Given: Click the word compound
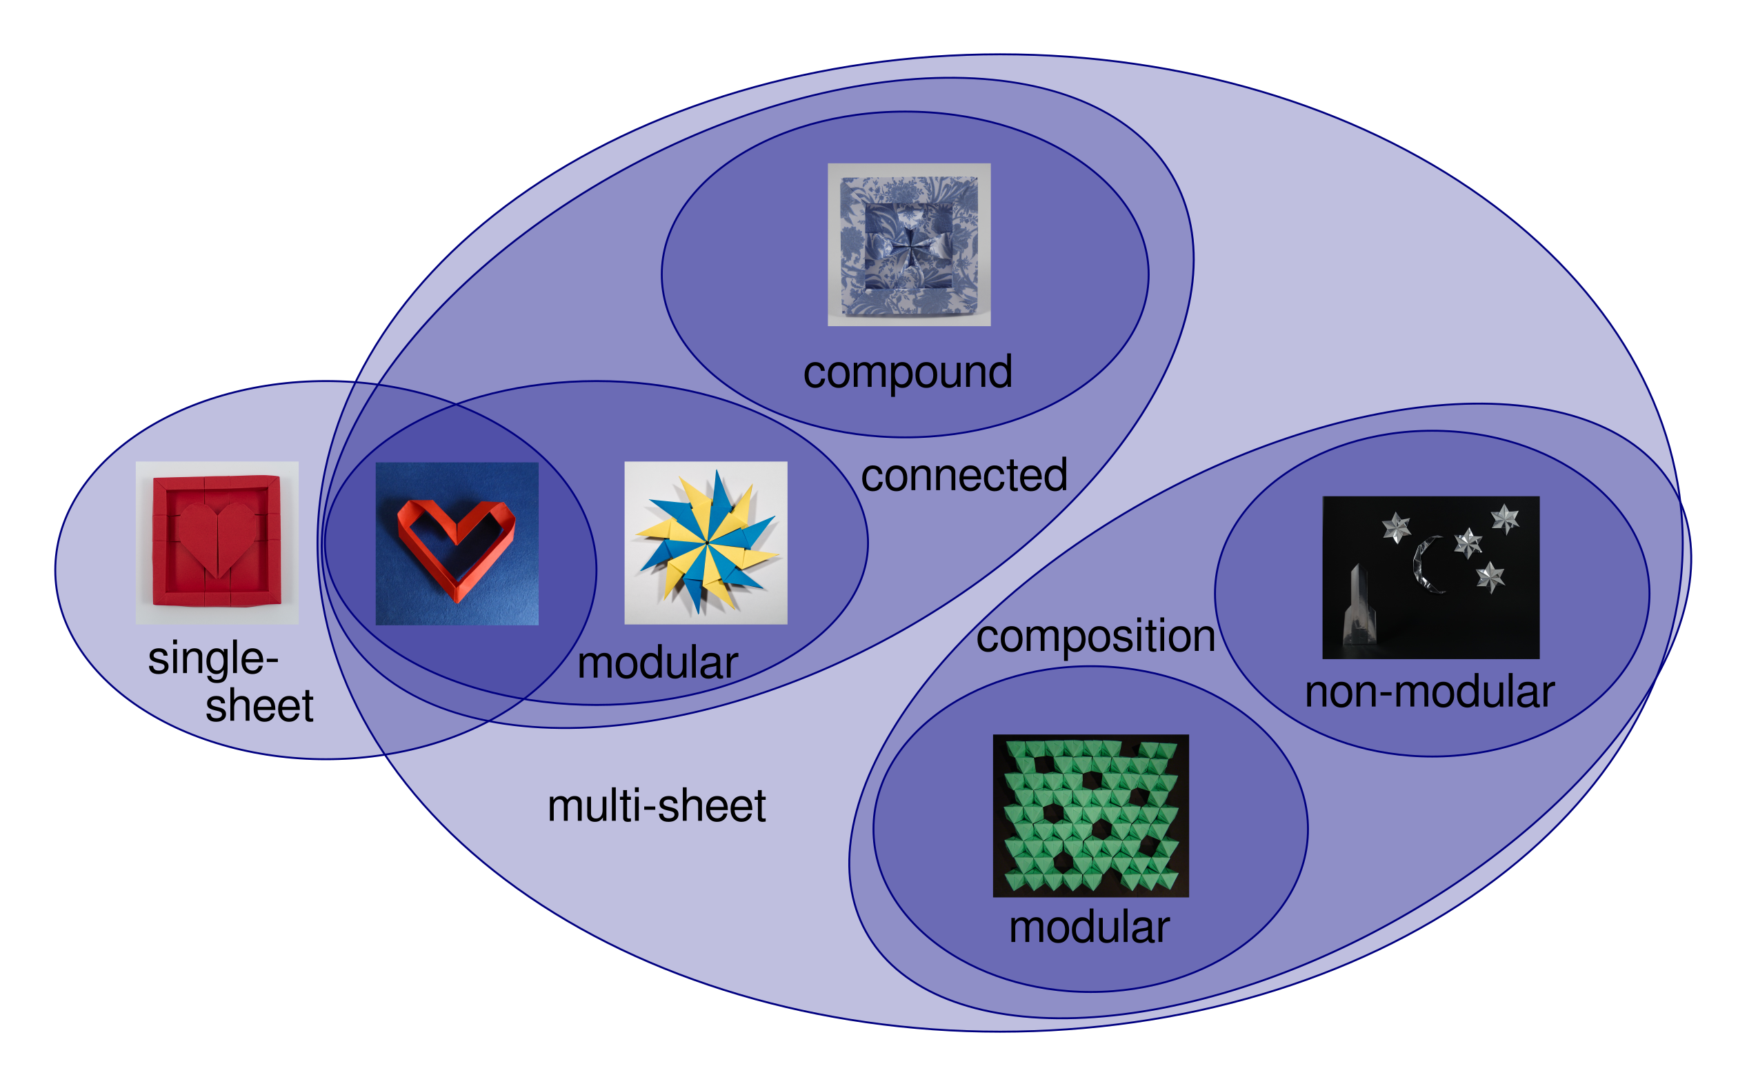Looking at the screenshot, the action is pyautogui.click(x=908, y=373).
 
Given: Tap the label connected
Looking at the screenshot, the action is pyautogui.click(x=963, y=476).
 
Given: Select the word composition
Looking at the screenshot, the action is pyautogui.click(x=1095, y=636).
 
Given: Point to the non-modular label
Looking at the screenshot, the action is pyautogui.click(x=1429, y=692).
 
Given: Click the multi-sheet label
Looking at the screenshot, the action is pyautogui.click(x=657, y=806).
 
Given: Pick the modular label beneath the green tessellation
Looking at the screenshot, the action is pyautogui.click(x=1090, y=927).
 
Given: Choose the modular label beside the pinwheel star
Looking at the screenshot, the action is pyautogui.click(x=658, y=663).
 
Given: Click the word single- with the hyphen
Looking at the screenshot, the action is pyautogui.click(x=213, y=659).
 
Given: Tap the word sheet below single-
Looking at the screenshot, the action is pyautogui.click(x=259, y=706).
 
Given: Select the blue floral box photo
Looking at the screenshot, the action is pyautogui.click(x=909, y=245).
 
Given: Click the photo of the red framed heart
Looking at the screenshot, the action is pyautogui.click(x=217, y=543).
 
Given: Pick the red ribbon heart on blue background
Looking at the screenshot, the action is pyautogui.click(x=457, y=544).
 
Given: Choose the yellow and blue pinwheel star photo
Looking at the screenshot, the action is pyautogui.click(x=706, y=543).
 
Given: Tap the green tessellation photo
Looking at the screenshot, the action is pyautogui.click(x=1091, y=816).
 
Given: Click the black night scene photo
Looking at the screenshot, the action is pyautogui.click(x=1431, y=578).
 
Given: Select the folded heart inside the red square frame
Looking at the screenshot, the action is pyautogui.click(x=217, y=539).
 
